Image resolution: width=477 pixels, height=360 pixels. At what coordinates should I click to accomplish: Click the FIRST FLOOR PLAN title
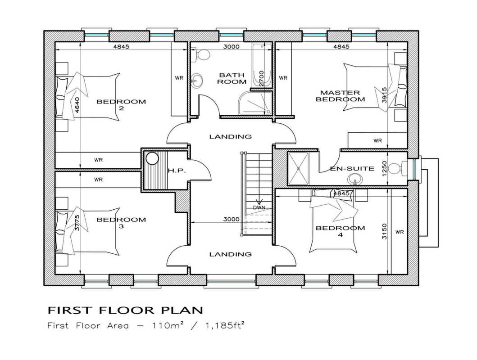(125, 310)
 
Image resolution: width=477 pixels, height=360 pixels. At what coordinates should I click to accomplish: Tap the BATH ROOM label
(232, 78)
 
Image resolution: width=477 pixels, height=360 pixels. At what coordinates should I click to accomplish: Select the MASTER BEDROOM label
(340, 96)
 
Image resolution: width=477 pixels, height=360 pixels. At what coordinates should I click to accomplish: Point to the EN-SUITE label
(352, 169)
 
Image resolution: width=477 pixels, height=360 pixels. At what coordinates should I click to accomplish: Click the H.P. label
(177, 171)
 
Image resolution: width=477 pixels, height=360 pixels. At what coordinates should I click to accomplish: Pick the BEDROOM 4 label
(340, 231)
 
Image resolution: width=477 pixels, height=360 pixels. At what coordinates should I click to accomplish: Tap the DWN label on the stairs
(259, 207)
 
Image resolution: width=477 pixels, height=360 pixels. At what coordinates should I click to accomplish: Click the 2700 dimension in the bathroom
(262, 79)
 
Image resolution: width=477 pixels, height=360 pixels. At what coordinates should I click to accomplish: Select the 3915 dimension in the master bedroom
(385, 95)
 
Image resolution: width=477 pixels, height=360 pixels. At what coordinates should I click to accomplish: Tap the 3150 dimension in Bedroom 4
(385, 231)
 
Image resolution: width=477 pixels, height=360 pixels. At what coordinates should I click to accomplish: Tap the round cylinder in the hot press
(152, 158)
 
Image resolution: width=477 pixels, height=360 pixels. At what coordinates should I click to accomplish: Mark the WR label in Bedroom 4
(400, 232)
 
